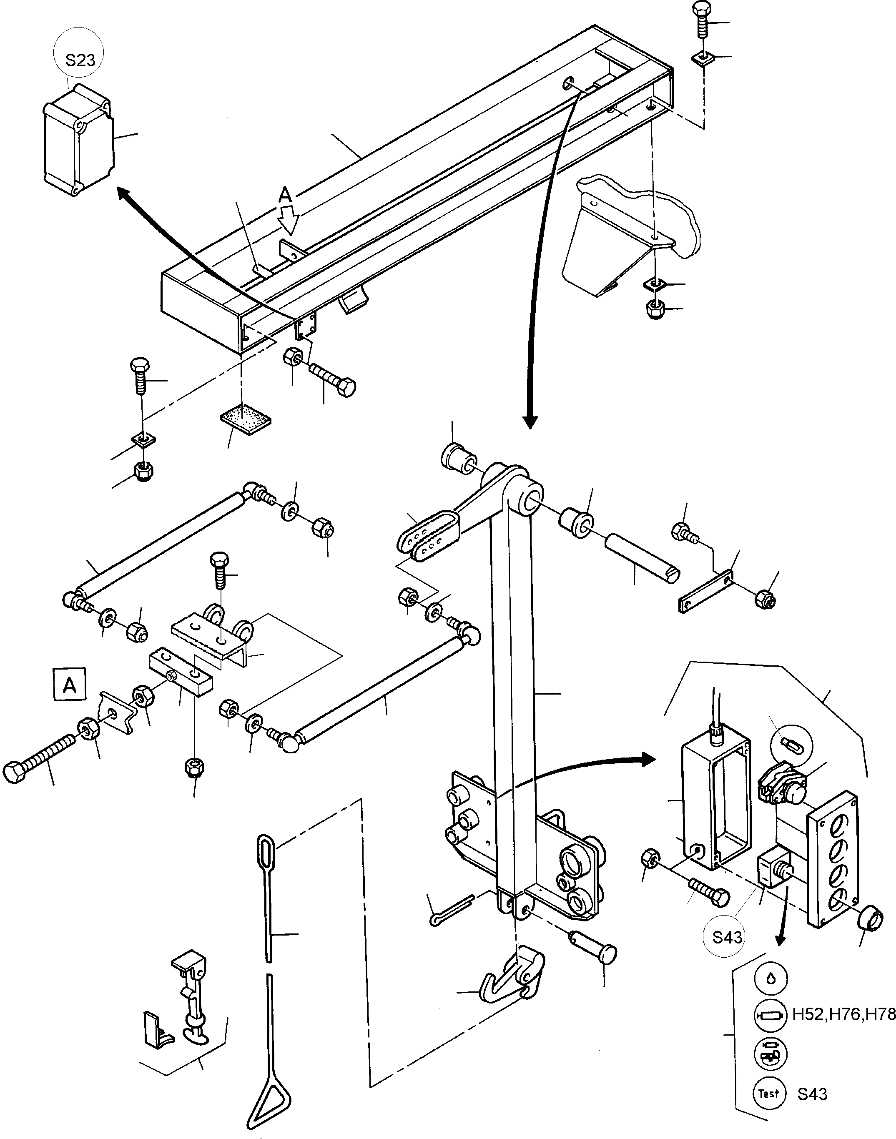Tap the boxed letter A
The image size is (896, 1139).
click(x=69, y=685)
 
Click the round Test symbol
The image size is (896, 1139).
click(x=769, y=1094)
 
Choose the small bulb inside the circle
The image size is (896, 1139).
click(x=791, y=743)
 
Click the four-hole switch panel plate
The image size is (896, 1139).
click(x=833, y=858)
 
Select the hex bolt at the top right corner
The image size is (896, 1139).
click(x=703, y=18)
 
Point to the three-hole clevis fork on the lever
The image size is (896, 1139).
click(x=429, y=537)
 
